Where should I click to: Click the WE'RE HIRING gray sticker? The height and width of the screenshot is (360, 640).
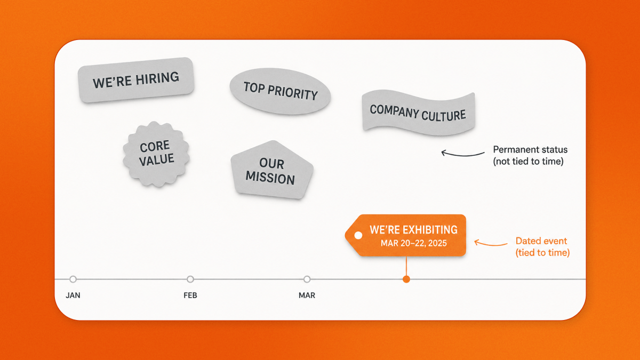pyautogui.click(x=136, y=79)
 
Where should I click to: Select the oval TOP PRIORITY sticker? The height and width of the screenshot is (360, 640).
pyautogui.click(x=280, y=91)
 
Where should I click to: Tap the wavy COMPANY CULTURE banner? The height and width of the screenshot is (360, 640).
pyautogui.click(x=418, y=113)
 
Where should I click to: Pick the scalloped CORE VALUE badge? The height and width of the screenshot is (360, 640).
pyautogui.click(x=156, y=154)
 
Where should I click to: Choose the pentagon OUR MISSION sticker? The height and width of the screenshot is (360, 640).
pyautogui.click(x=271, y=170)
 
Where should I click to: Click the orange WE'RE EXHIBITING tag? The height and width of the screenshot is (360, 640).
pyautogui.click(x=406, y=235)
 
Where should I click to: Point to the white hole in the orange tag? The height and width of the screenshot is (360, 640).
pyautogui.click(x=358, y=235)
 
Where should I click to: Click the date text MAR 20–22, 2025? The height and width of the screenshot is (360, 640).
pyautogui.click(x=414, y=243)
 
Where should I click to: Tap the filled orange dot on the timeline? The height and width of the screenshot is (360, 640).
pyautogui.click(x=406, y=279)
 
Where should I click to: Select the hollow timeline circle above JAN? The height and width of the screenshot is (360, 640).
pyautogui.click(x=73, y=279)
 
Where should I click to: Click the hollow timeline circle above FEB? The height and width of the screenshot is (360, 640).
pyautogui.click(x=190, y=279)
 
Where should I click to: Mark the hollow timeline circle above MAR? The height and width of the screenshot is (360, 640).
pyautogui.click(x=307, y=279)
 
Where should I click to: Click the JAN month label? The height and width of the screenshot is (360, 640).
pyautogui.click(x=73, y=295)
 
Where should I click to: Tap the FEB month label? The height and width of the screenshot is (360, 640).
pyautogui.click(x=190, y=295)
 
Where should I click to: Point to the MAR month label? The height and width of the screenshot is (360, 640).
pyautogui.click(x=307, y=295)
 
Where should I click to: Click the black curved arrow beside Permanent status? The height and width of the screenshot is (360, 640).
pyautogui.click(x=462, y=155)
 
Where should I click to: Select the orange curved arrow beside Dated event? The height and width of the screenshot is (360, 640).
pyautogui.click(x=490, y=245)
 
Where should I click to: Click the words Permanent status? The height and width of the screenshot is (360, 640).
pyautogui.click(x=530, y=149)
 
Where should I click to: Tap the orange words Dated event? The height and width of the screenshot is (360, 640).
pyautogui.click(x=541, y=241)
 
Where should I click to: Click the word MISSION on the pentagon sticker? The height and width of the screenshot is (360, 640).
pyautogui.click(x=270, y=178)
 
